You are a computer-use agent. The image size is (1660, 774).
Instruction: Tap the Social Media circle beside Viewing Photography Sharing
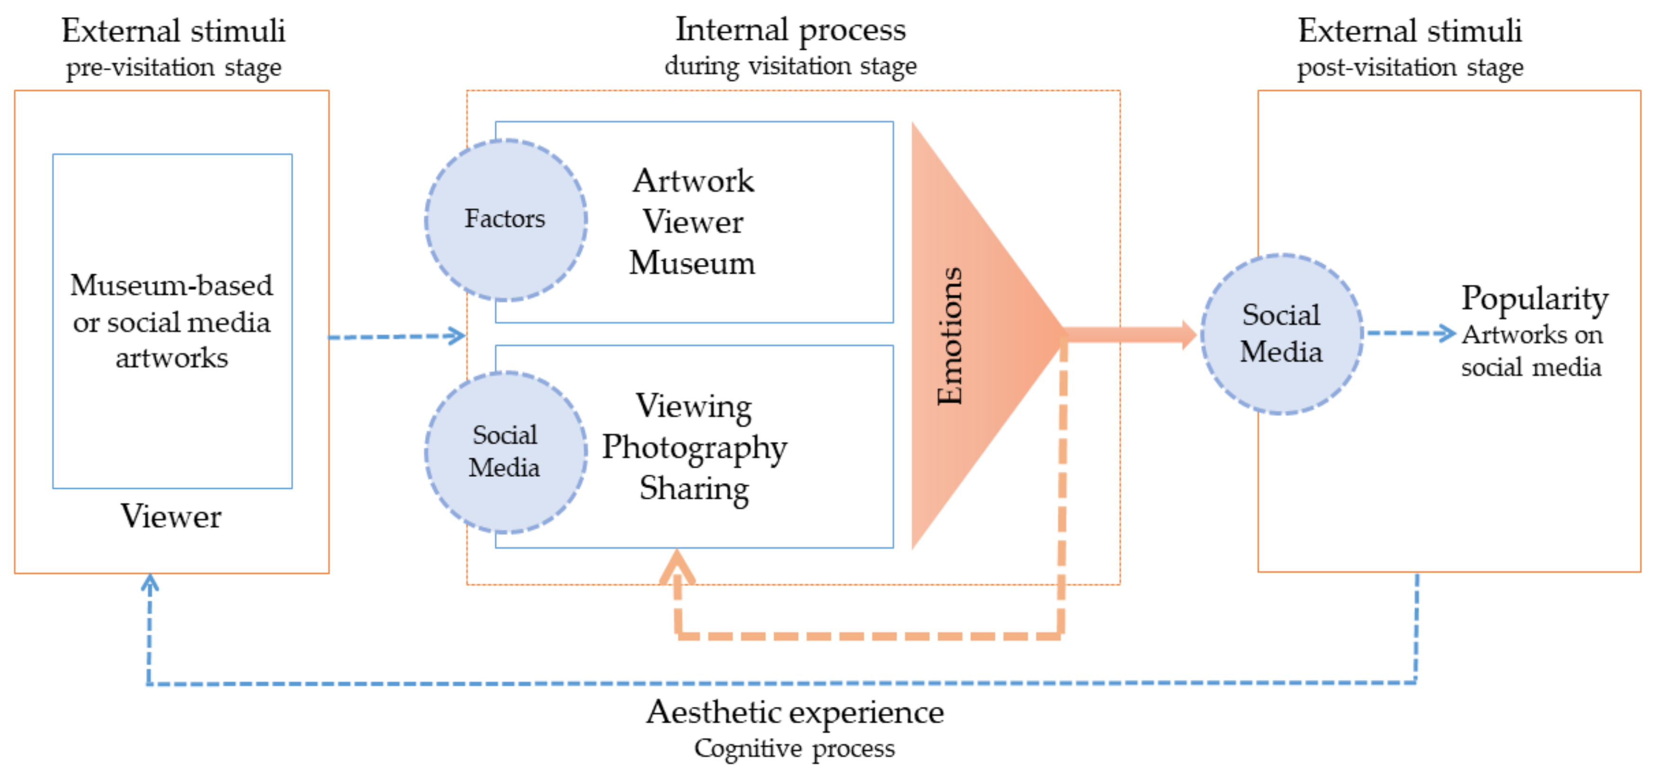point(505,452)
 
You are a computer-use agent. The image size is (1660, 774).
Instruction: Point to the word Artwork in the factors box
point(693,180)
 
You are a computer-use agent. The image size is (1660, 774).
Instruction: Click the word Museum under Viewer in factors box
point(692,263)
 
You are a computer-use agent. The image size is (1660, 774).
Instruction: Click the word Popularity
point(1534,299)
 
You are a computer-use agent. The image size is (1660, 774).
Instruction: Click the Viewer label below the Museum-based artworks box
point(171,516)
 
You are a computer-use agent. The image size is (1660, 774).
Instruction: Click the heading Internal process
point(790,30)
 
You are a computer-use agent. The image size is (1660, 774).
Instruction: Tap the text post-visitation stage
point(1410,68)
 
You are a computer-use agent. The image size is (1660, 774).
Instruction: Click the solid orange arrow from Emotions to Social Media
point(1128,334)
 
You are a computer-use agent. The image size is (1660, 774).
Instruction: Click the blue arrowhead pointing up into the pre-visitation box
point(150,584)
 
